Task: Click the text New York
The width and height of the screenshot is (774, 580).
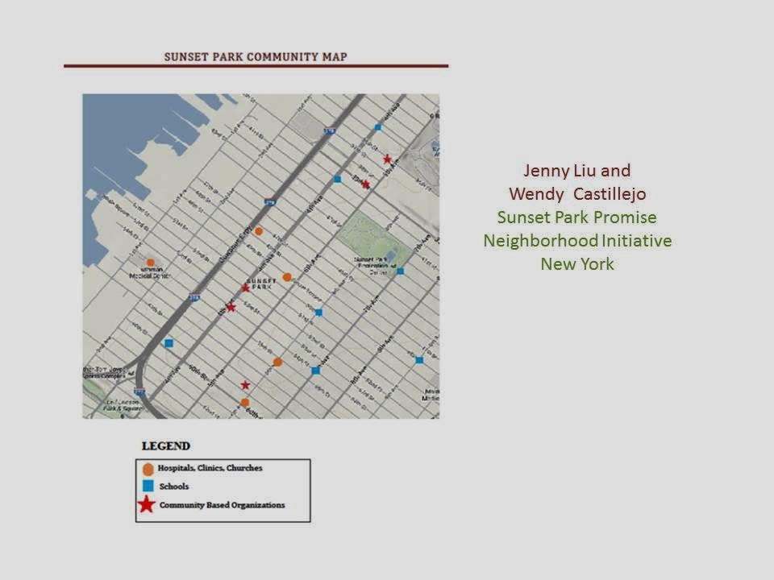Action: coord(577,264)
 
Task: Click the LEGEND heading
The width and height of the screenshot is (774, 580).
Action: coord(166,445)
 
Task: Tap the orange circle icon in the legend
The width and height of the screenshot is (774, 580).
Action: coord(148,468)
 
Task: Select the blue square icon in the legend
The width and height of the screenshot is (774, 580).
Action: coord(148,487)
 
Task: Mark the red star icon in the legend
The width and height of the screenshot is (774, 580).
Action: coord(146,505)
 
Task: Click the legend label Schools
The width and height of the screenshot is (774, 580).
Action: coord(174,487)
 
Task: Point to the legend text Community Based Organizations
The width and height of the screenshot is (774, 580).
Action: coord(222,506)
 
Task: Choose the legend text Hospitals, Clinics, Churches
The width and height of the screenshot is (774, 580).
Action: coord(210,468)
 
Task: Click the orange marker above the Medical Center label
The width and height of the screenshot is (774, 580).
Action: coord(150,263)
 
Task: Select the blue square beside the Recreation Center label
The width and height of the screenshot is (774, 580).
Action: coord(400,271)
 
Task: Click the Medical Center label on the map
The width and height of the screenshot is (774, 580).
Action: coord(150,274)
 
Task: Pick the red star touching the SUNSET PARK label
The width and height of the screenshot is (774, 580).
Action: coord(246,288)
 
